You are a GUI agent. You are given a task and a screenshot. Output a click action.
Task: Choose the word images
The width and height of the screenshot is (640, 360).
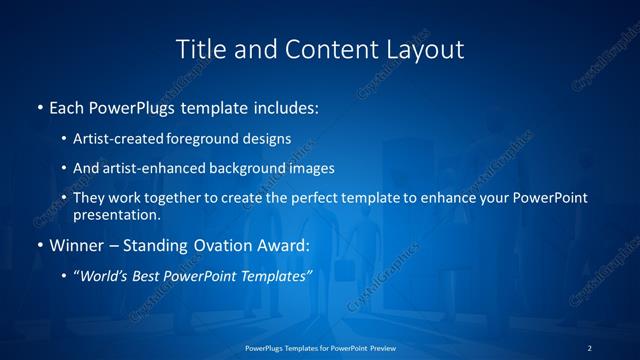click(x=312, y=169)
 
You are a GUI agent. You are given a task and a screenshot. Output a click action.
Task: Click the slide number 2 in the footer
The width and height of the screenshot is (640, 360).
click(x=590, y=348)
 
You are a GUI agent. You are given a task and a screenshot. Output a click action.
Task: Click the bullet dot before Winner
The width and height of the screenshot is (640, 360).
click(x=39, y=245)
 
